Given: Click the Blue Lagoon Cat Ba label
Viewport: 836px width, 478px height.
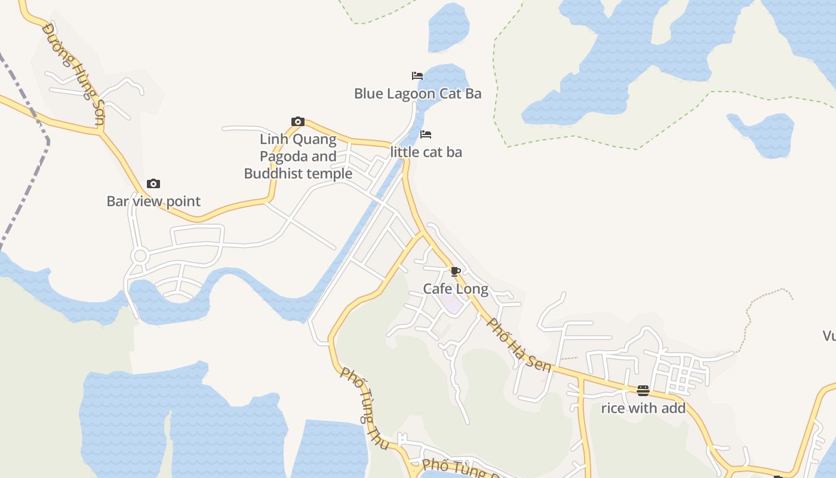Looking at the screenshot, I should pos(417,94).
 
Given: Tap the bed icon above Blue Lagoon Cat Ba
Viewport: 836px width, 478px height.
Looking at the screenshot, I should pos(417,76).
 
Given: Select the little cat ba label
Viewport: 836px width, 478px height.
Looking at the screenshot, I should pos(426,152).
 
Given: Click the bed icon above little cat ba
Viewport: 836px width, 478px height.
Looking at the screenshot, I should pos(426,134).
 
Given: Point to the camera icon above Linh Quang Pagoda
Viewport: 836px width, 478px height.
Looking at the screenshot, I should pos(298,122).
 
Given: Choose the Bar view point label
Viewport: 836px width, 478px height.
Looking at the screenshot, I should pos(153,201).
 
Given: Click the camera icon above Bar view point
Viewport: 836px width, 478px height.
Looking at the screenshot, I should pos(153,184).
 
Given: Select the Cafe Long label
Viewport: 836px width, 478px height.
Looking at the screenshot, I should pos(456,289).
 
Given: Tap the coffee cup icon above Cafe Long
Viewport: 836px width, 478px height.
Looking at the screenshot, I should pos(456,272).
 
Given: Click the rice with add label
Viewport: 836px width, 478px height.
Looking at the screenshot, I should pos(643,409).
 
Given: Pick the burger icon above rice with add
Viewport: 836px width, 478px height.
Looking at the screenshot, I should pos(643,391).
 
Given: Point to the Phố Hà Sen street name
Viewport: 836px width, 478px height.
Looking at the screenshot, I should pos(519,345).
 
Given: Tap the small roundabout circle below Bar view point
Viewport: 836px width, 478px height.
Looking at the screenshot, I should pos(140,256).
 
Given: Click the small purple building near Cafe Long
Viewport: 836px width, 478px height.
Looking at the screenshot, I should pos(453,305).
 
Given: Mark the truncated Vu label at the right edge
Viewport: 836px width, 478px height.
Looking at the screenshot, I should pos(829,336).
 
